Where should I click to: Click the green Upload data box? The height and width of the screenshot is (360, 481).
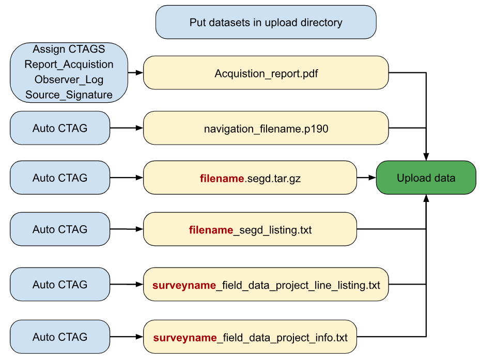pyautogui.click(x=426, y=178)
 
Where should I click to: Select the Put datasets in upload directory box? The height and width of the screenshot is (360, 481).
pyautogui.click(x=266, y=22)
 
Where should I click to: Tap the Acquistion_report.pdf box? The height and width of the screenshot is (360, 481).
pyautogui.click(x=266, y=73)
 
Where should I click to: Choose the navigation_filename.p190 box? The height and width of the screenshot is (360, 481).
pyautogui.click(x=266, y=128)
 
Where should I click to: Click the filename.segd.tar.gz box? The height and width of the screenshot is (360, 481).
pyautogui.click(x=250, y=178)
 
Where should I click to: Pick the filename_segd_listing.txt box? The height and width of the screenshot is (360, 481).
pyautogui.click(x=250, y=229)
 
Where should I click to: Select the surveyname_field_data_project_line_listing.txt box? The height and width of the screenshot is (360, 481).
pyautogui.click(x=266, y=284)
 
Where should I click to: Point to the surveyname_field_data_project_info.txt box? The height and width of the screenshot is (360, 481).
pyautogui.click(x=250, y=337)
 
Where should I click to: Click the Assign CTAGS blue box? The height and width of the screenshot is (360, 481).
pyautogui.click(x=69, y=73)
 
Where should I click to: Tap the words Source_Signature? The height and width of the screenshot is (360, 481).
pyautogui.click(x=69, y=95)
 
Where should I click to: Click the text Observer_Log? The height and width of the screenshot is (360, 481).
pyautogui.click(x=69, y=80)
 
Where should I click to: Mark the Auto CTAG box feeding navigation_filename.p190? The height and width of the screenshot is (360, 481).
pyautogui.click(x=60, y=128)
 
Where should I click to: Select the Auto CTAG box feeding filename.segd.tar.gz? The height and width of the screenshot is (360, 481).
pyautogui.click(x=60, y=178)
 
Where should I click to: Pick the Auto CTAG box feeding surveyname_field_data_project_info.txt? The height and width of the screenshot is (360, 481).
pyautogui.click(x=60, y=337)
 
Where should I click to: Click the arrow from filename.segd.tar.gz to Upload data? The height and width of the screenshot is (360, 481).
pyautogui.click(x=367, y=178)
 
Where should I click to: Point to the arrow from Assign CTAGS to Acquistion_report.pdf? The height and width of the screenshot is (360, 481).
pyautogui.click(x=135, y=73)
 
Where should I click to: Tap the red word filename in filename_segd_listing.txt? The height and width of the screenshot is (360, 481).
pyautogui.click(x=211, y=230)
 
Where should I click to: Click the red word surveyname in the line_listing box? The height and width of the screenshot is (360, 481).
pyautogui.click(x=184, y=286)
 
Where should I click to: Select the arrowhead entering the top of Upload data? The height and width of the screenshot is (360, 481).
pyautogui.click(x=426, y=156)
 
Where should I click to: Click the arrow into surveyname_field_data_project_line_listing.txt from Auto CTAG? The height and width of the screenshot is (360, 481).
pyautogui.click(x=127, y=284)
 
